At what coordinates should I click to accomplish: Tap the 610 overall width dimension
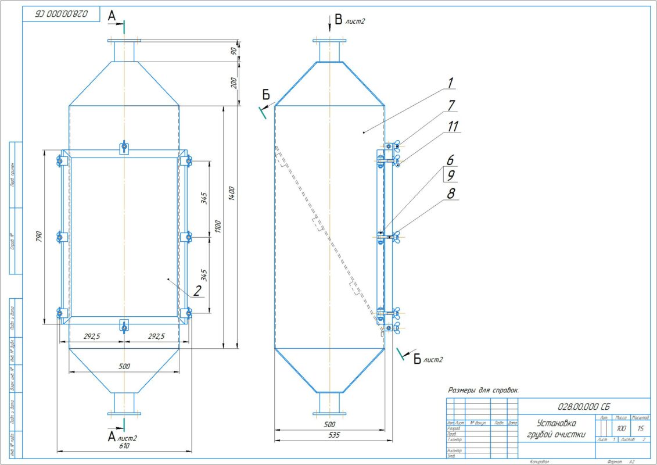point(124,446)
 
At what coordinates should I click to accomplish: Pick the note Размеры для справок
point(483,390)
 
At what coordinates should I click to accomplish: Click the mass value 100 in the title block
point(620,428)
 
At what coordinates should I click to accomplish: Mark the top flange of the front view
point(124,40)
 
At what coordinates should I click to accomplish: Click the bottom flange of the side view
point(329,414)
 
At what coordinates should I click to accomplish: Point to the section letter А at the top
point(112,16)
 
